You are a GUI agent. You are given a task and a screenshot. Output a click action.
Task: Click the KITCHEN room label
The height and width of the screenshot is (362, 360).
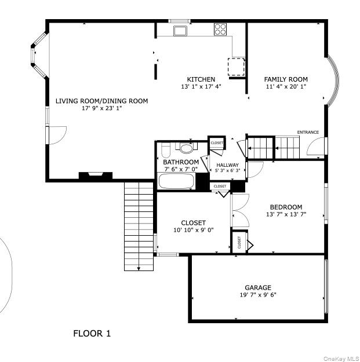click(201, 79)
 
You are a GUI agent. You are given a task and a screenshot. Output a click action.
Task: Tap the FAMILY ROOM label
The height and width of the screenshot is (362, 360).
click(286, 79)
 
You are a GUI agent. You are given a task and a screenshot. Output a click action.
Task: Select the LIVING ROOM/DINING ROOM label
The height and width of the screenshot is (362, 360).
click(101, 101)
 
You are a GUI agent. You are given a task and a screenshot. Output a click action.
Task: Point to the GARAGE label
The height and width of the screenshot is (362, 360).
click(257, 287)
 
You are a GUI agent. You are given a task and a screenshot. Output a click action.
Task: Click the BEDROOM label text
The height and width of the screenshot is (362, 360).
click(286, 207)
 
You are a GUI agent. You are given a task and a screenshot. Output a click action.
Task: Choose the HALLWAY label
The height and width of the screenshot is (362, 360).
click(227, 165)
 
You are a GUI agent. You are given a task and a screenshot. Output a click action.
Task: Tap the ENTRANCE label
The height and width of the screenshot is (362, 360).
click(308, 132)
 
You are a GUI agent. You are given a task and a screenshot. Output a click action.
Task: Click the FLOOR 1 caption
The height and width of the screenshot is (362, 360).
click(92, 333)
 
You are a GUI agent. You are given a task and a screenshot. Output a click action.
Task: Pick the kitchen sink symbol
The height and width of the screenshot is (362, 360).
click(180, 30)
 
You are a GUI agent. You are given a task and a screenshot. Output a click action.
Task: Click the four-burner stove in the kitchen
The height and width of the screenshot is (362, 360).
click(220, 30)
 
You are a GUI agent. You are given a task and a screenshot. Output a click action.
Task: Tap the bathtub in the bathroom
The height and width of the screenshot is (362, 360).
click(176, 182)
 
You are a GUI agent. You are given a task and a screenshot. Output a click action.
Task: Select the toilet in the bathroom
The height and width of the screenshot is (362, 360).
click(165, 152)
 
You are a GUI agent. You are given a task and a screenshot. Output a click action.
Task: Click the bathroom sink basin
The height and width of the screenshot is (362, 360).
click(187, 147)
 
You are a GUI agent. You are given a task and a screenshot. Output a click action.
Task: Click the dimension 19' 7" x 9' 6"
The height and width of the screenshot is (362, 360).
click(257, 295)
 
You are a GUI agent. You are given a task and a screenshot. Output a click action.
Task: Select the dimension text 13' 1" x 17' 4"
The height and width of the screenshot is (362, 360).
click(201, 87)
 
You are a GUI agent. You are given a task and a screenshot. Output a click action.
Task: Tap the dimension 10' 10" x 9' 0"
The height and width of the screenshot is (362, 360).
click(193, 230)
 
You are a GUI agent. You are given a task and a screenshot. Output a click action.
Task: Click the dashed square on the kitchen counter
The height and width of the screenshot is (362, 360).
click(236, 67)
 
